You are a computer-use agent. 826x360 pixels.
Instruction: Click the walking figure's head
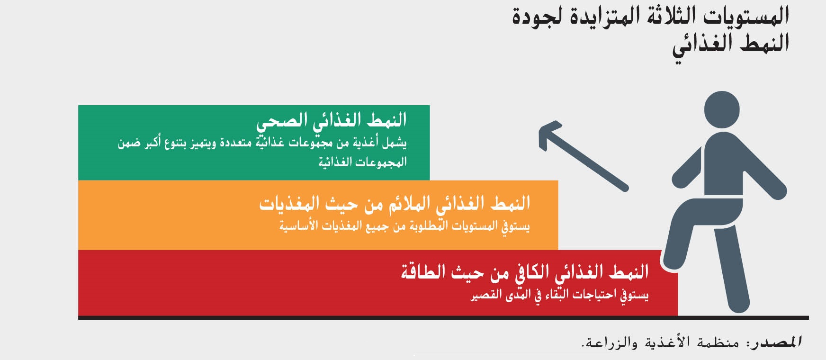(721, 109)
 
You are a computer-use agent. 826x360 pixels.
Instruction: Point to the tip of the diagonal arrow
(540, 130)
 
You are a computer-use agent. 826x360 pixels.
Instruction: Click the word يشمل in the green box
(395, 143)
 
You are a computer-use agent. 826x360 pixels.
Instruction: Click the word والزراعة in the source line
(607, 342)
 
